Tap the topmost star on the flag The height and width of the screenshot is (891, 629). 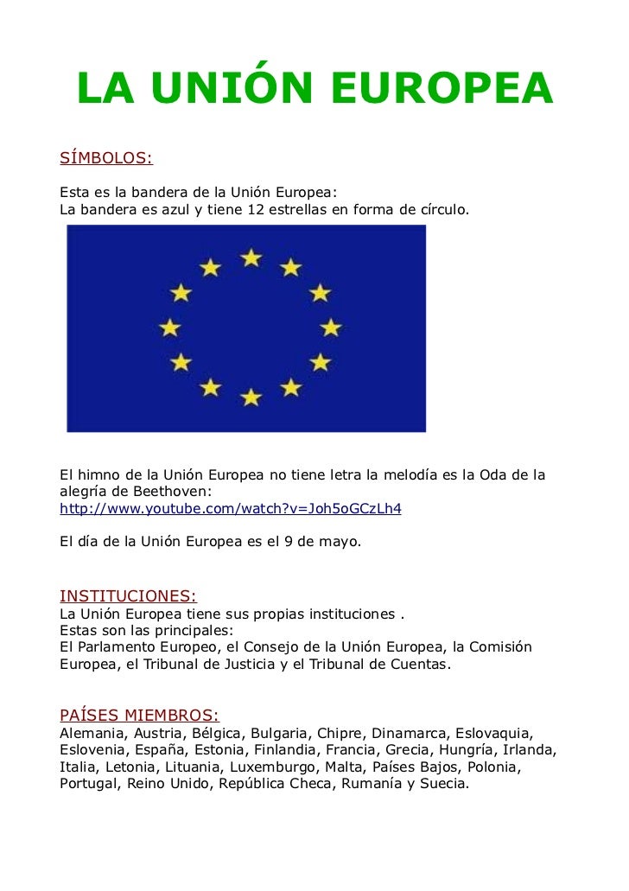(251, 258)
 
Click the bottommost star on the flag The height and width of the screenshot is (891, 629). (251, 398)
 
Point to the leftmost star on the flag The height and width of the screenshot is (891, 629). (170, 328)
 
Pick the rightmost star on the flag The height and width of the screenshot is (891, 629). (331, 328)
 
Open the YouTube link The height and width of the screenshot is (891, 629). (230, 509)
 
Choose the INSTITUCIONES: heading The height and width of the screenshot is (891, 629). (128, 596)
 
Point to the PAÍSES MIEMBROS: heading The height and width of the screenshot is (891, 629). (139, 716)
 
